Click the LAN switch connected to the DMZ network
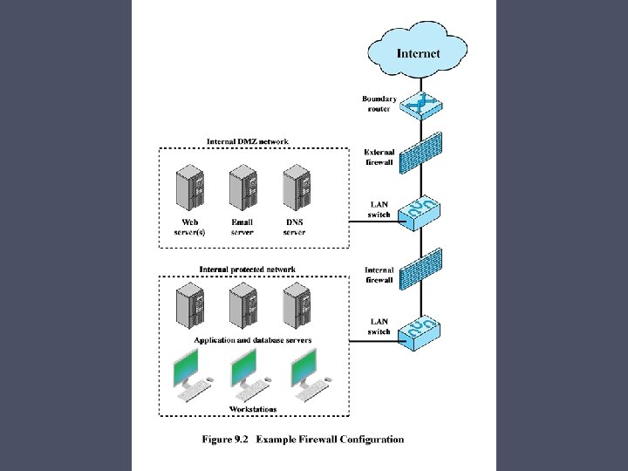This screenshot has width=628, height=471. (418, 211)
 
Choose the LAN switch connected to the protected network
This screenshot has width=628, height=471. (418, 330)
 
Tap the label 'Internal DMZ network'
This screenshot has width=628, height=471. (247, 141)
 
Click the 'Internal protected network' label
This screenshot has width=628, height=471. (247, 270)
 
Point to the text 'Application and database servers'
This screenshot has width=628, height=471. (252, 340)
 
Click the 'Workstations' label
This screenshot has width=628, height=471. (252, 409)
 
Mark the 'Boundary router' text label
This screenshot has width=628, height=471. (379, 104)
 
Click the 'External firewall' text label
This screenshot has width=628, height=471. (379, 157)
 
